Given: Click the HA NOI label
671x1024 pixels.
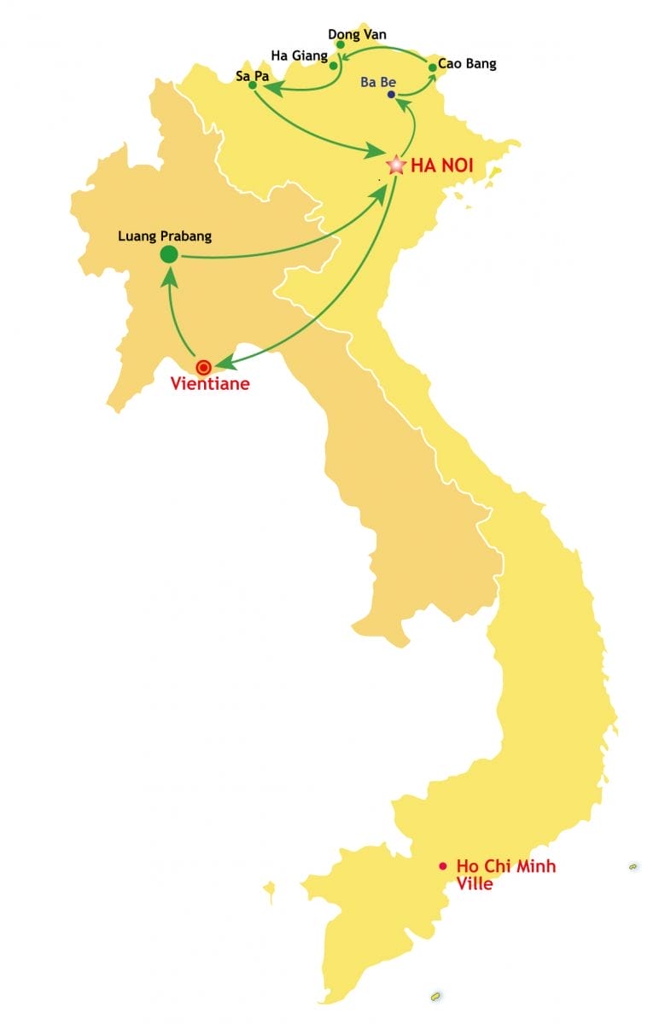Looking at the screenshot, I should click(441, 166).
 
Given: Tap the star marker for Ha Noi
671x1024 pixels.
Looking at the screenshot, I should click(396, 165).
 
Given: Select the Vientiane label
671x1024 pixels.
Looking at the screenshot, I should click(210, 384).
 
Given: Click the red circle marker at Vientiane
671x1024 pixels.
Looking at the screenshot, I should click(203, 368).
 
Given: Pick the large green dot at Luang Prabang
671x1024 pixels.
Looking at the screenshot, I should click(169, 253).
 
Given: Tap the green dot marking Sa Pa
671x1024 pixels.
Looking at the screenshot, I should click(252, 85).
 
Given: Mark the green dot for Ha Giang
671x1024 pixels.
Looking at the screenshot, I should click(334, 65).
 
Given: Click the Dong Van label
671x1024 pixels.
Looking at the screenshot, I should click(357, 34).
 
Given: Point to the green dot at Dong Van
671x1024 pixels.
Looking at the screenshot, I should click(340, 44).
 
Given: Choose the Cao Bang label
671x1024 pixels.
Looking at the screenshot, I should click(467, 63).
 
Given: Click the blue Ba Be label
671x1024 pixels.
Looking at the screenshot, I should click(378, 82).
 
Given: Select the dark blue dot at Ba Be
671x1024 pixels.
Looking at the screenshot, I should click(392, 95).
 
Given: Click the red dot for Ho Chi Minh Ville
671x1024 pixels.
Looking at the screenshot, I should click(442, 866).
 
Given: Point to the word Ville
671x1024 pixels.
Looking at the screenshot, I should click(475, 884).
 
